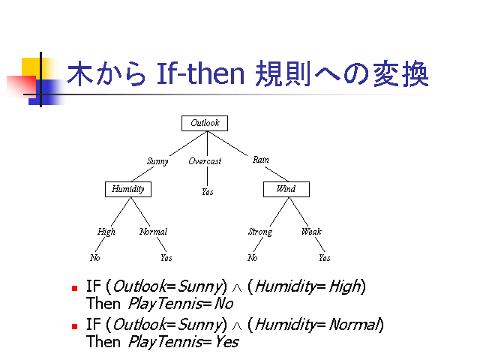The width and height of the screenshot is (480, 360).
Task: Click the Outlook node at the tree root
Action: point(204,123)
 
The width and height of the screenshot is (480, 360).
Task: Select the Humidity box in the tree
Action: point(127,189)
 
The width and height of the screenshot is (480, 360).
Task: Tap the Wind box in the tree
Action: point(286,189)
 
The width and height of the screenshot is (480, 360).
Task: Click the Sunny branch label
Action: point(157,161)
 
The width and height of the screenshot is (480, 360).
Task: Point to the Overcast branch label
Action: point(205,161)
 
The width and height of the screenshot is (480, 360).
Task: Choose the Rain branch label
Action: point(261,160)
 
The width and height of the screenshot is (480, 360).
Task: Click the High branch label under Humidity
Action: point(106,232)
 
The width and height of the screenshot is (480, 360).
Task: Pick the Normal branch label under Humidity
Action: point(153,232)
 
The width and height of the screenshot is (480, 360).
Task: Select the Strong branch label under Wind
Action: point(259,232)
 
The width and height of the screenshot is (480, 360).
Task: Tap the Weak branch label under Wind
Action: point(311,232)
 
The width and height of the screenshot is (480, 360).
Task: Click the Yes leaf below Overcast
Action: point(207,192)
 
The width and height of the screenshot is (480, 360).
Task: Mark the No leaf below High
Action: point(95,258)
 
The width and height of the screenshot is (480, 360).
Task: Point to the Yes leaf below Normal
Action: point(166,258)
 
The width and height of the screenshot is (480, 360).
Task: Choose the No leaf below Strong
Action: point(253,258)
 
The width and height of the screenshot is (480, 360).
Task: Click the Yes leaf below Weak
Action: point(324,258)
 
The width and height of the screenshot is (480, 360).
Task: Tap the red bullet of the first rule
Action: point(74,287)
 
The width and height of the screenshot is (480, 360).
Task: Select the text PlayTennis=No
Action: point(181,304)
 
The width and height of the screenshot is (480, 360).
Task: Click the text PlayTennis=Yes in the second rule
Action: point(183,342)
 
